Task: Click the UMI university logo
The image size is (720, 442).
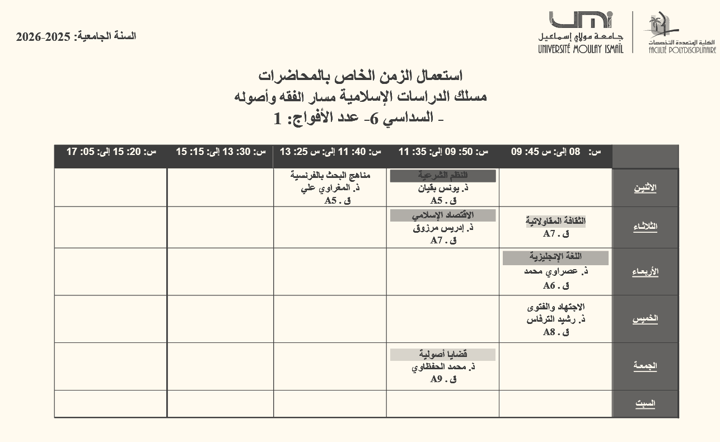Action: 581,32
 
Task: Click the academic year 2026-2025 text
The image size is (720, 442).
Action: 76,37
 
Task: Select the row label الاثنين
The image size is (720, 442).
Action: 645,188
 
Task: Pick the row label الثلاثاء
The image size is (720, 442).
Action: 645,227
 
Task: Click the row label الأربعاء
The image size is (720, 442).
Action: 645,272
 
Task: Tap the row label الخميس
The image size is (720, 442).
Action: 645,319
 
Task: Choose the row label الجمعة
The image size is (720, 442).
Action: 645,366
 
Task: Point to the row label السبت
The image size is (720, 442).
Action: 645,404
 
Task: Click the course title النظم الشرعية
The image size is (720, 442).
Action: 443,176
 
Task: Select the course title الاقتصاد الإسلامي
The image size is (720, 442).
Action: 443,215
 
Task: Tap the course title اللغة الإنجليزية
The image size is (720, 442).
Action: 555,257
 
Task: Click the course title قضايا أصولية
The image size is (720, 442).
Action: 443,354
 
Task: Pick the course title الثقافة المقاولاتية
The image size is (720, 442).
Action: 555,222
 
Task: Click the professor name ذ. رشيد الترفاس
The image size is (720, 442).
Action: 555,319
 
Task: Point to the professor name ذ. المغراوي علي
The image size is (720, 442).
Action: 330,188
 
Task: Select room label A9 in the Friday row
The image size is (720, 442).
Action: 437,379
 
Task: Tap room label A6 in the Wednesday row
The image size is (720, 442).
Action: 549,285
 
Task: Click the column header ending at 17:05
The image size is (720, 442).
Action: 111,152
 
